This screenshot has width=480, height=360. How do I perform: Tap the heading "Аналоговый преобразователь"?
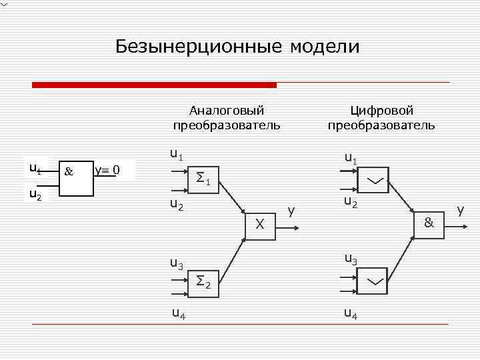(x=227, y=117)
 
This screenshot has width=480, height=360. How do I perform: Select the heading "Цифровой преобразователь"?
(x=381, y=117)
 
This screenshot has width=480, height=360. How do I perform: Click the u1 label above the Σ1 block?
(x=176, y=156)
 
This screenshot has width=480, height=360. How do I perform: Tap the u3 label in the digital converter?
(x=351, y=259)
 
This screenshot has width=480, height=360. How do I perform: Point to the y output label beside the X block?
(x=291, y=211)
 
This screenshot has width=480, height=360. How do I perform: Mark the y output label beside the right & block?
(x=461, y=211)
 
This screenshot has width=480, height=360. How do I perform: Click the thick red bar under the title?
(x=154, y=85)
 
